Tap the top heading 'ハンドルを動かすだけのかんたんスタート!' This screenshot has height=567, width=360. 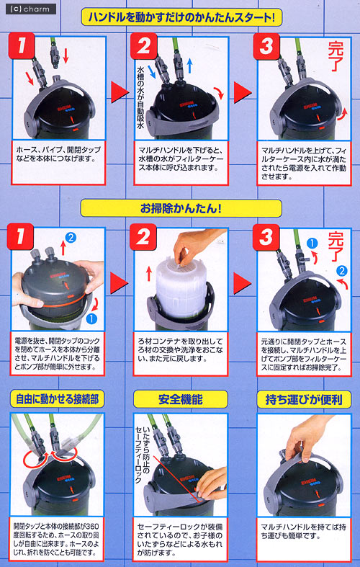(x=181, y=17)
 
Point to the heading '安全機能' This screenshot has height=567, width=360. (x=181, y=398)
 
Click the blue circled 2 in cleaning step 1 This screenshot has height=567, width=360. (x=70, y=237)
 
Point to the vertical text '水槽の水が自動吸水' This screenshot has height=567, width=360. (x=141, y=94)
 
